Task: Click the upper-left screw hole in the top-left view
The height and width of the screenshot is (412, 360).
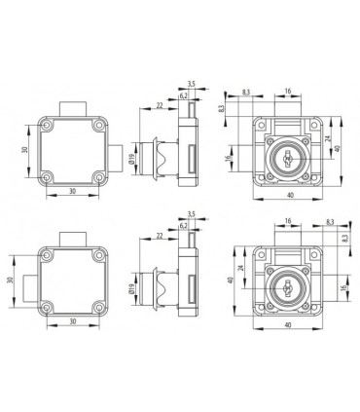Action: point(48,125)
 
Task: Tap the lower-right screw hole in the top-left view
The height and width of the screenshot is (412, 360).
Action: point(99,177)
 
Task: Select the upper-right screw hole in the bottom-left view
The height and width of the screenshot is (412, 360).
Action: point(98,255)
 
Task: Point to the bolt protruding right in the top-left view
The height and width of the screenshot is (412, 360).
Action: point(116,159)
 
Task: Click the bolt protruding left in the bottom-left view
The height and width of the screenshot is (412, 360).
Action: point(31,288)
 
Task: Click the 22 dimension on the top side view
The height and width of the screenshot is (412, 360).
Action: point(160,105)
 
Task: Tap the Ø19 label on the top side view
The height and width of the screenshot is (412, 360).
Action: point(131,159)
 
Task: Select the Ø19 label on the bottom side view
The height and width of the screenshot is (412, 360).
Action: point(131,288)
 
